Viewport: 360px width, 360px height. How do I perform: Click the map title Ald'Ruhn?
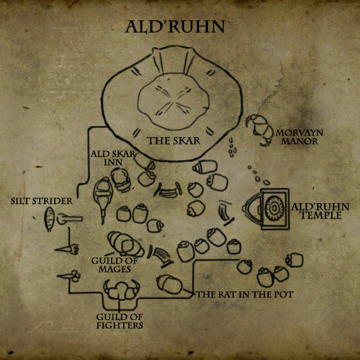pos(175,27)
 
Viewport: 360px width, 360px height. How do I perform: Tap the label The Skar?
pos(174,141)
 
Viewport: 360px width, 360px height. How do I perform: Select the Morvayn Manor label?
pos(300,137)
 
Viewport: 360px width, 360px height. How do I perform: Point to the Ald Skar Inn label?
pos(113,158)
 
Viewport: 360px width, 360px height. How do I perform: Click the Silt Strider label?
pos(41,201)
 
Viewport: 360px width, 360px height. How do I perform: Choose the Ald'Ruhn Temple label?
pos(321,211)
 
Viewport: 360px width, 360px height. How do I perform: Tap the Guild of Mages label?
pos(115,265)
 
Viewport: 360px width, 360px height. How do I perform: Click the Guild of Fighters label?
pos(120,321)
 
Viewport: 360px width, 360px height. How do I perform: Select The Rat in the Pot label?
pos(245,295)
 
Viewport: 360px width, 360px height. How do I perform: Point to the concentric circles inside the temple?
pos(274,208)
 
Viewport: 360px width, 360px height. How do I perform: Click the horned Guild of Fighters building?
pos(122,290)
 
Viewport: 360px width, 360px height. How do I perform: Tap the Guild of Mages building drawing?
pos(126,244)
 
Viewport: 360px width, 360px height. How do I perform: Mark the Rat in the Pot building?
pos(169,284)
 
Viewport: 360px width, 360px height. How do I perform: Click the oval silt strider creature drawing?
pos(49,219)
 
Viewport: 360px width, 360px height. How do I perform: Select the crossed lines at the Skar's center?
pos(173,103)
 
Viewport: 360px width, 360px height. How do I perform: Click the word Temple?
pos(321,215)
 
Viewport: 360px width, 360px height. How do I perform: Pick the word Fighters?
pos(120,326)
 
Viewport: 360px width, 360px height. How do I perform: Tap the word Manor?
pos(300,141)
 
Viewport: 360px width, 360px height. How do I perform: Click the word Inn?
pos(113,162)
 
